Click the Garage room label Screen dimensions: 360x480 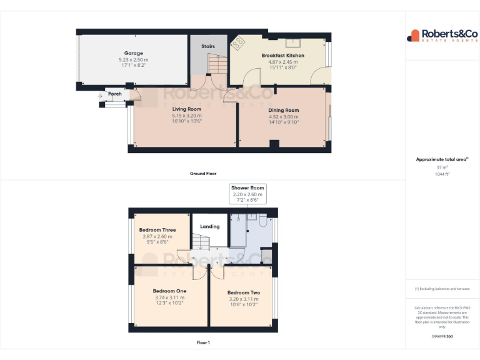click(x=133, y=54)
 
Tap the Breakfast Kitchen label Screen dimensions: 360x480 click(x=282, y=56)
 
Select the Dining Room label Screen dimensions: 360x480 click(x=284, y=111)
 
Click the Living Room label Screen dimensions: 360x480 click(x=187, y=109)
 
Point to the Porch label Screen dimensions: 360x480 click(x=115, y=94)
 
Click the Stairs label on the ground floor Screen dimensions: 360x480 click(x=208, y=46)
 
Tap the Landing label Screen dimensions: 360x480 click(x=210, y=226)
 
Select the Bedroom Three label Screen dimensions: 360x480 click(x=157, y=230)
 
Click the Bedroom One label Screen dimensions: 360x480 click(x=169, y=291)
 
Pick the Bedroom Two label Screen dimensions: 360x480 click(x=244, y=292)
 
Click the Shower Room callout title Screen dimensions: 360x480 click(x=248, y=188)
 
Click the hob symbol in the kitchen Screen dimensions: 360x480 click(x=239, y=43)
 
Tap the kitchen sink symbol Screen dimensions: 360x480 click(x=292, y=42)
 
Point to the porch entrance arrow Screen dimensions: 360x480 click(x=100, y=96)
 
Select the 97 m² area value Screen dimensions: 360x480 click(x=442, y=167)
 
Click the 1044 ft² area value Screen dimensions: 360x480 click(x=442, y=174)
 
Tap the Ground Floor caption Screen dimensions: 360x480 click(x=203, y=173)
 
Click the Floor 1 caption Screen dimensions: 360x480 click(x=203, y=342)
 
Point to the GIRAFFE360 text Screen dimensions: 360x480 click(x=442, y=337)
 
